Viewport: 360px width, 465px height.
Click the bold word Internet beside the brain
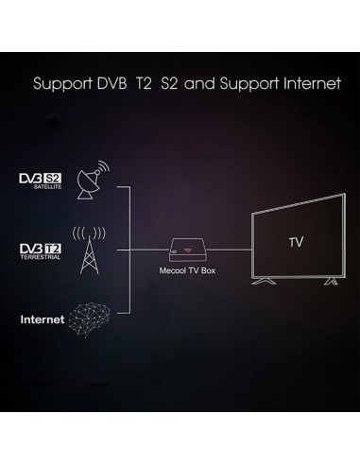[43, 319]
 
